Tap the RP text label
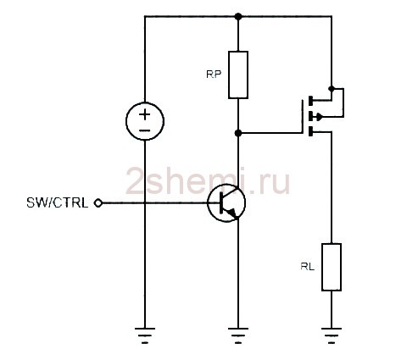[214, 75]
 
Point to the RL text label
[308, 267]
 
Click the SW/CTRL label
[58, 203]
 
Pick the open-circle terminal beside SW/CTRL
[98, 203]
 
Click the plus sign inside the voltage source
[145, 114]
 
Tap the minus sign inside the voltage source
[145, 130]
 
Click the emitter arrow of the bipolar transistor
[233, 213]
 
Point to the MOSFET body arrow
[319, 116]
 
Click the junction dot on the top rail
[238, 17]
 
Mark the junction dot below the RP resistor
[238, 133]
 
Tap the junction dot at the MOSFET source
[332, 89]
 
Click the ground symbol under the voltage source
[145, 335]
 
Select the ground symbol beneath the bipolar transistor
[238, 335]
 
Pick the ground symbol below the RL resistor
[332, 335]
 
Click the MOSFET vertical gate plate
[303, 116]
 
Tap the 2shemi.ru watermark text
[208, 180]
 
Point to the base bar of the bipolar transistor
[221, 203]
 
